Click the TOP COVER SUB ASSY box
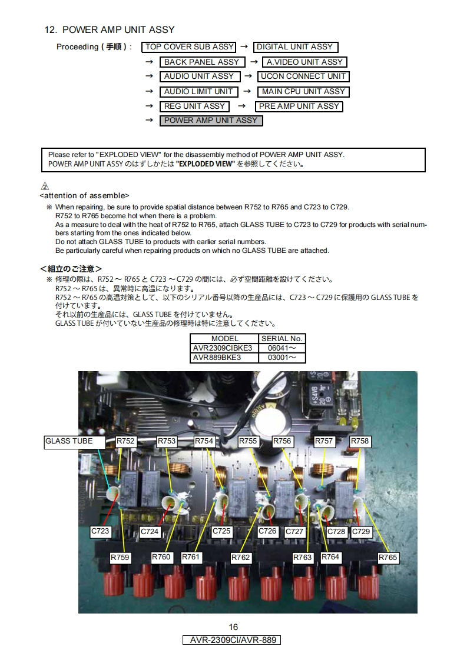[x=188, y=47]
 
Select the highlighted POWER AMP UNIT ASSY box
[x=211, y=121]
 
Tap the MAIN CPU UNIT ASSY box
[x=303, y=92]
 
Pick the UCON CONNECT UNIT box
[x=303, y=76]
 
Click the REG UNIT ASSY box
[x=194, y=106]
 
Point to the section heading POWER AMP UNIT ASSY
[x=110, y=30]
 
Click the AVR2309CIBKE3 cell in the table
[x=223, y=348]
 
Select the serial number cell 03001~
[x=281, y=358]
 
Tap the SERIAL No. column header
[x=281, y=338]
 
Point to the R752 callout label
[x=125, y=441]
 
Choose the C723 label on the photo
[x=100, y=531]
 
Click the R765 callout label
[x=387, y=558]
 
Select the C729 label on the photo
[x=361, y=532]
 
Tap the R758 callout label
[x=360, y=441]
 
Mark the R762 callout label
[x=241, y=558]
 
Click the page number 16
[x=233, y=627]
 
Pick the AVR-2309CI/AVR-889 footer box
[x=231, y=640]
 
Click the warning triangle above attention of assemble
[x=45, y=186]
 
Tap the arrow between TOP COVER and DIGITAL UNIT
[x=244, y=46]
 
